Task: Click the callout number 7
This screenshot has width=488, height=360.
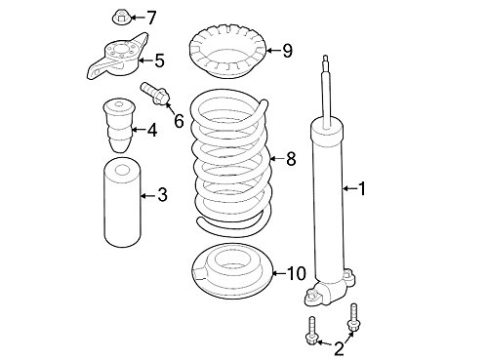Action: pyautogui.click(x=150, y=18)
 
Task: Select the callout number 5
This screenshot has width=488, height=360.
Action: pyautogui.click(x=159, y=60)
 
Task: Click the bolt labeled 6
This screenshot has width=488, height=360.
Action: pyautogui.click(x=154, y=94)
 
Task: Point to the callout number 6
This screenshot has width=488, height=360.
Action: pyautogui.click(x=179, y=121)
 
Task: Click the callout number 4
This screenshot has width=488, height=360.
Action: pyautogui.click(x=152, y=130)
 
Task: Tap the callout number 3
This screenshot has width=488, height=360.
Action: pyautogui.click(x=162, y=194)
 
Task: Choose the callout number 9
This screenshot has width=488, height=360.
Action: pyautogui.click(x=287, y=51)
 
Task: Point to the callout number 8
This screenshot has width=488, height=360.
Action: pyautogui.click(x=291, y=159)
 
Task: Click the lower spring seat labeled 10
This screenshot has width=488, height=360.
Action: pyautogui.click(x=232, y=271)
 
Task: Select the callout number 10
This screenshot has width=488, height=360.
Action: pyautogui.click(x=297, y=273)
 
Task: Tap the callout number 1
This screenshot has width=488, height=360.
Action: pyautogui.click(x=362, y=188)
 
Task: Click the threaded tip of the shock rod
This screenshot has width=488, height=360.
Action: pyautogui.click(x=326, y=61)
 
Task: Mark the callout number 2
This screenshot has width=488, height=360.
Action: pyautogui.click(x=339, y=348)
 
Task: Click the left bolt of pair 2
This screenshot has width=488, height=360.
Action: pyautogui.click(x=312, y=330)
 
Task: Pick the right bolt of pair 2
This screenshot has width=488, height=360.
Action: pyautogui.click(x=352, y=318)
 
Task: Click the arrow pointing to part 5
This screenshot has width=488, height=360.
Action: pyautogui.click(x=145, y=60)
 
